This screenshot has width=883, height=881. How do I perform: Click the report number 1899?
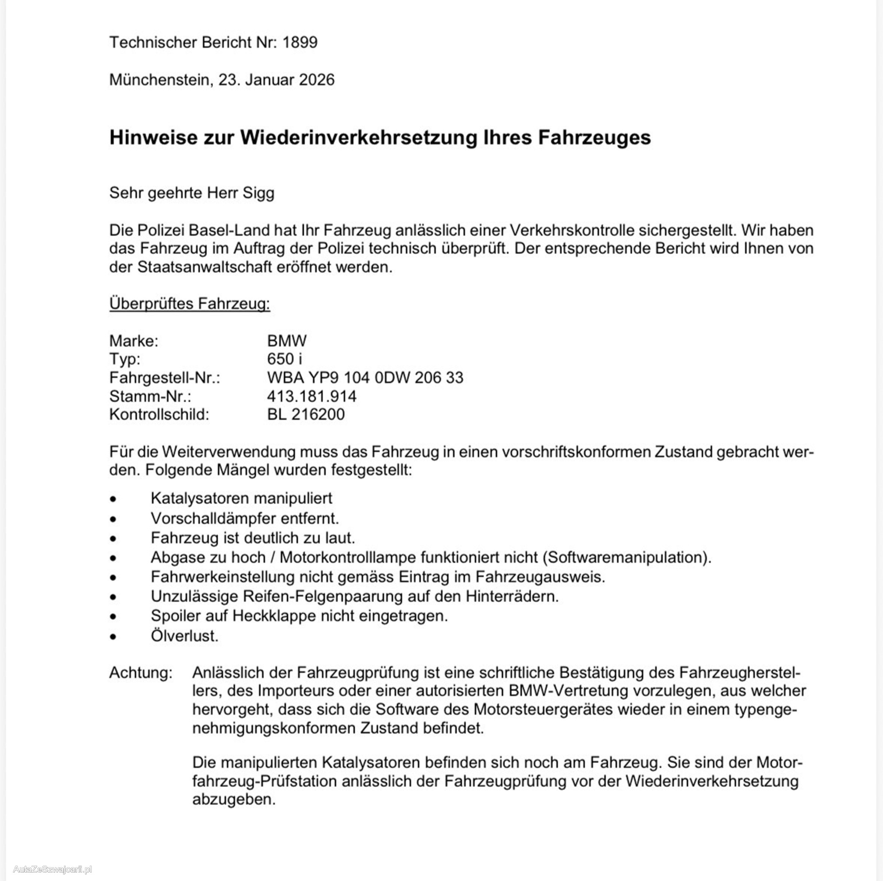click(x=300, y=42)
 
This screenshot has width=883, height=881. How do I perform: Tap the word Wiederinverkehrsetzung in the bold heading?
click(x=359, y=137)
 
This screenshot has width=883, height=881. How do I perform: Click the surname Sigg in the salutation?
click(x=259, y=193)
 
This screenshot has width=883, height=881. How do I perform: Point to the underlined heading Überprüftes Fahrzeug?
click(x=190, y=304)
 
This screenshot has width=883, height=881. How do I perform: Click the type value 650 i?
click(x=284, y=359)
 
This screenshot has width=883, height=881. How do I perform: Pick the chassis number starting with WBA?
click(x=365, y=378)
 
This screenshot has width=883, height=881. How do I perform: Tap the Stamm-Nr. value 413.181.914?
click(x=311, y=396)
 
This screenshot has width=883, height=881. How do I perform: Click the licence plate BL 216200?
click(x=306, y=414)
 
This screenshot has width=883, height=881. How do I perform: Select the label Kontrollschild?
click(x=159, y=414)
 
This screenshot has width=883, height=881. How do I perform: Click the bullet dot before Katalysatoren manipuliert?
click(x=113, y=499)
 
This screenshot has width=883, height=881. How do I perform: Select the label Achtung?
click(x=141, y=673)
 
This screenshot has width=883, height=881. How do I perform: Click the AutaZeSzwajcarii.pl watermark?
click(x=53, y=869)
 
